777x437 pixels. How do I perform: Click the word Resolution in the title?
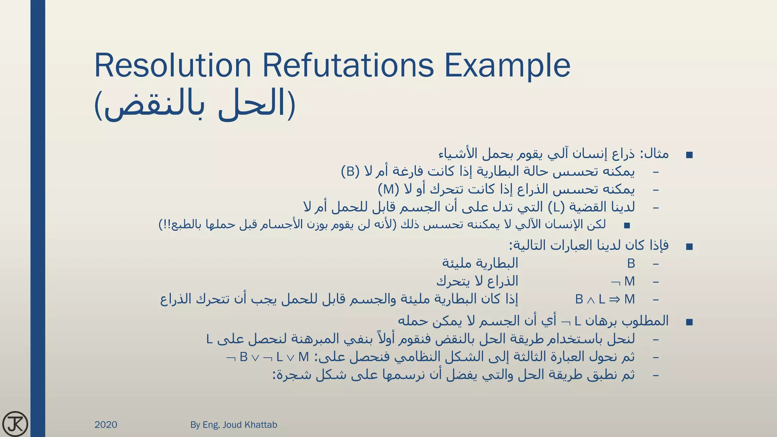173,66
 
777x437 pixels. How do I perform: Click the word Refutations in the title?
348,66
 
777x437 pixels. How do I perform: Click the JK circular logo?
15,423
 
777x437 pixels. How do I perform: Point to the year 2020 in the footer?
106,425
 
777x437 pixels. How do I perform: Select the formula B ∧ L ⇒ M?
605,299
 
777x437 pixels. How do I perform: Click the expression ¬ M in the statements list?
623,281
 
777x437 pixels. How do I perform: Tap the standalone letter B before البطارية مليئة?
631,263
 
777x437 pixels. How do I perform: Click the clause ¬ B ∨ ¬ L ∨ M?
267,357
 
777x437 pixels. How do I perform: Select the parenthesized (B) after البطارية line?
350,171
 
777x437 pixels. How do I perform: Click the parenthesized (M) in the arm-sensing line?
388,189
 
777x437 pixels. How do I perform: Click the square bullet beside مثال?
689,155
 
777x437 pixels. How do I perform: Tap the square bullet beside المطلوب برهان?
689,322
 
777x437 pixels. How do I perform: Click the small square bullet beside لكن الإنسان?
627,225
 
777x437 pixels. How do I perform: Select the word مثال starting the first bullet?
657,154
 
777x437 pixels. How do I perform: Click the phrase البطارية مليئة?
480,263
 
